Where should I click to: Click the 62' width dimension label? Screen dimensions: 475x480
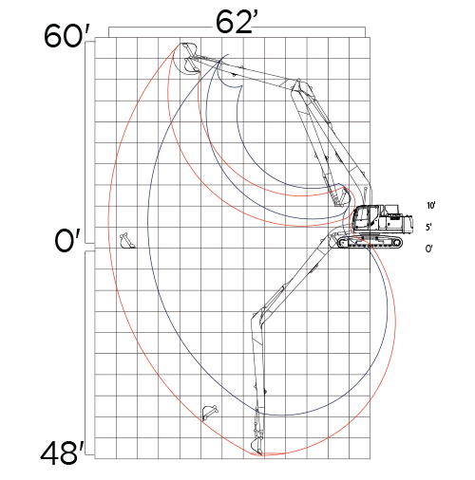point(235,22)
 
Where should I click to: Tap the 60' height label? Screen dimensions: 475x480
point(67,36)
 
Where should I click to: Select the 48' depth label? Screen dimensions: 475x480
point(63,452)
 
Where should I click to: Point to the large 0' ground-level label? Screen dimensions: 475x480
point(67,240)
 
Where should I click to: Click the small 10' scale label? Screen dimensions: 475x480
point(431,206)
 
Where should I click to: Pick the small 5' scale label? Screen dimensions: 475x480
point(429,227)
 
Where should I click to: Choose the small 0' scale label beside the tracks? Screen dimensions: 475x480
point(429,249)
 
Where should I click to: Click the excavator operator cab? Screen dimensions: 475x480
point(366,218)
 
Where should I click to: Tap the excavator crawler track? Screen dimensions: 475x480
point(370,243)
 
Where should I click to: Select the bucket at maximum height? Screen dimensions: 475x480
point(189,59)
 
